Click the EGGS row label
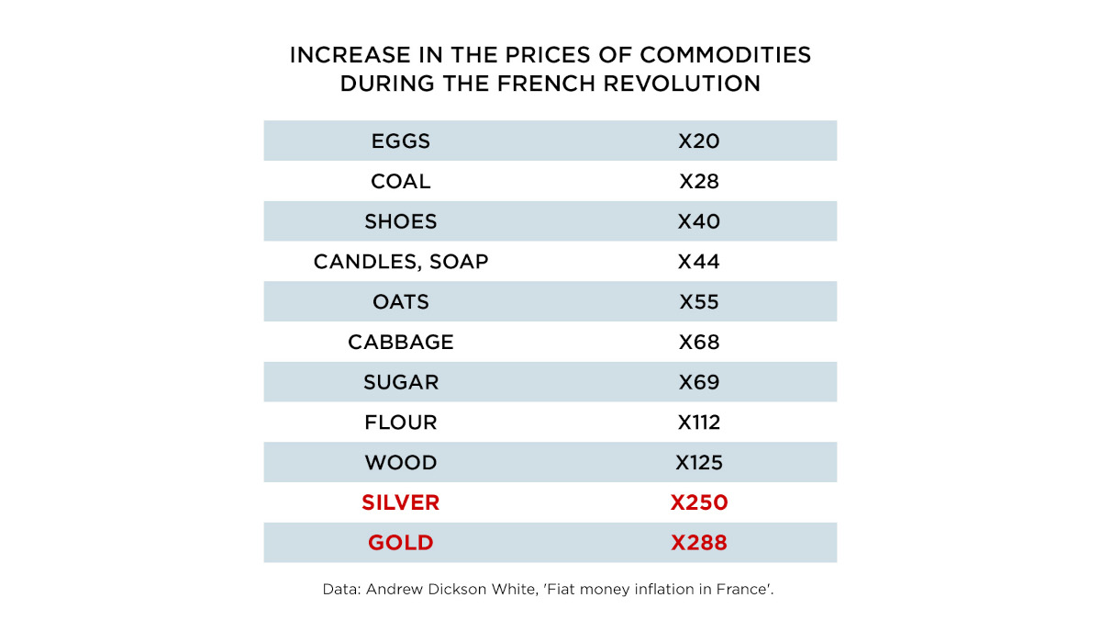point(401,141)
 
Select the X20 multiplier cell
point(699,141)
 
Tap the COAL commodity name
point(401,182)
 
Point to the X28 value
point(699,182)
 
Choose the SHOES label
point(401,222)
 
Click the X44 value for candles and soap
point(699,262)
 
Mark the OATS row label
point(401,302)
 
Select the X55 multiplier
point(699,302)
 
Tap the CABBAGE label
point(401,343)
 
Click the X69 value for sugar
point(699,382)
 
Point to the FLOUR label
point(401,423)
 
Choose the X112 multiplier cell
point(699,423)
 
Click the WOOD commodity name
point(401,463)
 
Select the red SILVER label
point(401,502)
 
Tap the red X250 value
point(699,502)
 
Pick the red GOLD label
point(401,543)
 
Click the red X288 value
point(699,543)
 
